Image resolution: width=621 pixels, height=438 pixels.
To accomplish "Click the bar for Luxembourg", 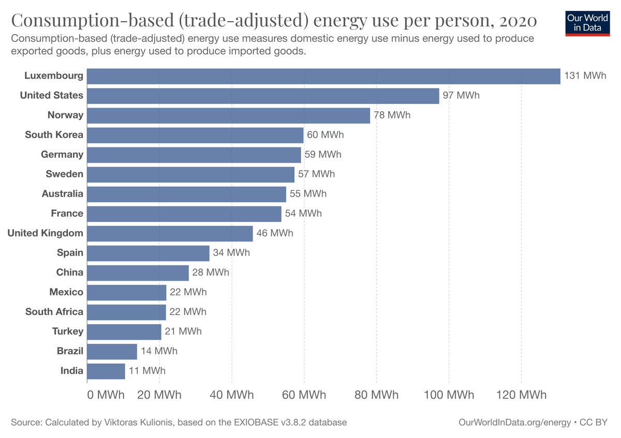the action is (x=323, y=76).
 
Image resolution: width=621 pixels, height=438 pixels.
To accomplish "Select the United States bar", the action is (x=263, y=96).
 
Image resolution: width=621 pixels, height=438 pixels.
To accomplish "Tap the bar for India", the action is (x=106, y=371).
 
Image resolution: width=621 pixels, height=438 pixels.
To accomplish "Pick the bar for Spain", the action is (x=148, y=253).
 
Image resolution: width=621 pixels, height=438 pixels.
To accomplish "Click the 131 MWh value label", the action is (x=585, y=76).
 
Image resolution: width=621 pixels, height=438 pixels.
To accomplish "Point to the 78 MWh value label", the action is (x=392, y=115).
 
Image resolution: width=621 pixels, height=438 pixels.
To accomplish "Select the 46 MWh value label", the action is (x=274, y=233).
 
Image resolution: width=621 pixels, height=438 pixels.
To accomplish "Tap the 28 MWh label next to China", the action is (x=211, y=273).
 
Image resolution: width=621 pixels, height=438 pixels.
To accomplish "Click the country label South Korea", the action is (x=54, y=135).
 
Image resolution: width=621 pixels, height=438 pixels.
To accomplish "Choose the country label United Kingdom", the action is (x=45, y=233).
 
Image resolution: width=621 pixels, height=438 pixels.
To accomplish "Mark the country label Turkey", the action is (x=67, y=331).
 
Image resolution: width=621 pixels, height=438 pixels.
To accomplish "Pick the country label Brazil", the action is (x=70, y=351).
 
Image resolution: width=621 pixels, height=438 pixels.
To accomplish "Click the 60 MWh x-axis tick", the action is (x=304, y=395).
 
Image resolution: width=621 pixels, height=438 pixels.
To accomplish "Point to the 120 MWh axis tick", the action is (x=521, y=395).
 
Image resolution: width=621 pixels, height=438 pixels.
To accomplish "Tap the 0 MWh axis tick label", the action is (x=106, y=395).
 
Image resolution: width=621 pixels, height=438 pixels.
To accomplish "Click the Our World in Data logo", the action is (x=587, y=22).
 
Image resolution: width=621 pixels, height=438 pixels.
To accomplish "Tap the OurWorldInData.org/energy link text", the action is (x=514, y=422).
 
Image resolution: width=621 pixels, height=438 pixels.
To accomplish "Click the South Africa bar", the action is (x=127, y=312).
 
